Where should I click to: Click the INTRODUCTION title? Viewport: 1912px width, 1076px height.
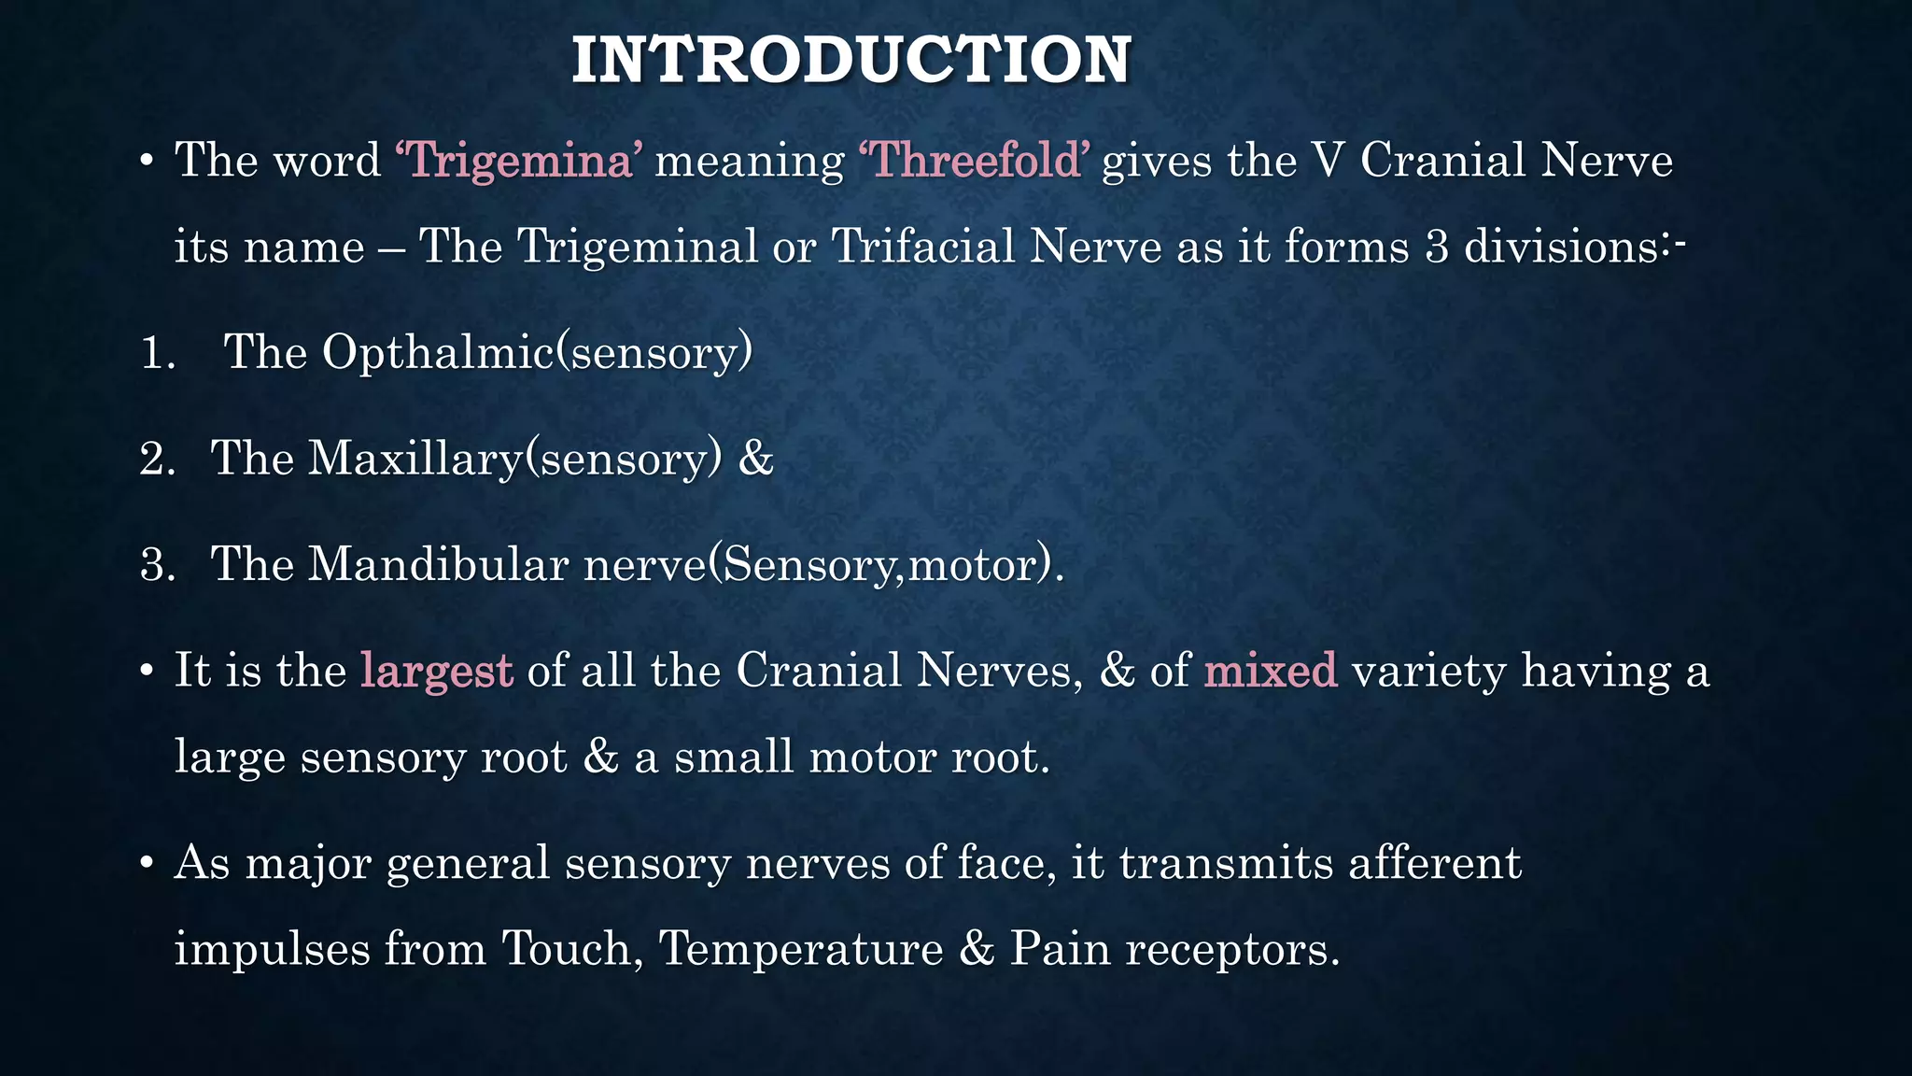click(x=851, y=60)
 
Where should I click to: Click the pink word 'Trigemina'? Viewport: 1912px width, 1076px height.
click(x=519, y=161)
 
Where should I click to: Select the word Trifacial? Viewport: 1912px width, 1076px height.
click(x=922, y=247)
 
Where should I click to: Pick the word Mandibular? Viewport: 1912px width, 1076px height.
click(x=438, y=564)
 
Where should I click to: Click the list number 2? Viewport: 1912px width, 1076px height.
click(x=157, y=460)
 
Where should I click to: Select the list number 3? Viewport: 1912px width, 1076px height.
click(x=157, y=565)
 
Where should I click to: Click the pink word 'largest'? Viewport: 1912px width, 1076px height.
click(x=436, y=671)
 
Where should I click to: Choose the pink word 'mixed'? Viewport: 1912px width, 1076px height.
click(x=1271, y=671)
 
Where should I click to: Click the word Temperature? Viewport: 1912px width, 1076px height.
click(x=801, y=949)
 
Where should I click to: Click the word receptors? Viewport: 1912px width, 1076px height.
click(x=1231, y=950)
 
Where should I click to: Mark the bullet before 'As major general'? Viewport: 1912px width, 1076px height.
click(x=146, y=864)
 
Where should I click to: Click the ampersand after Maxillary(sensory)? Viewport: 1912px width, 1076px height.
click(x=755, y=459)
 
